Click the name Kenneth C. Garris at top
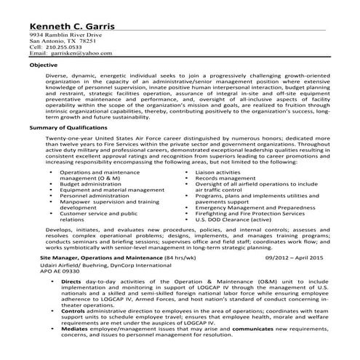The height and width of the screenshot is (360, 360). (x=73, y=25)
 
